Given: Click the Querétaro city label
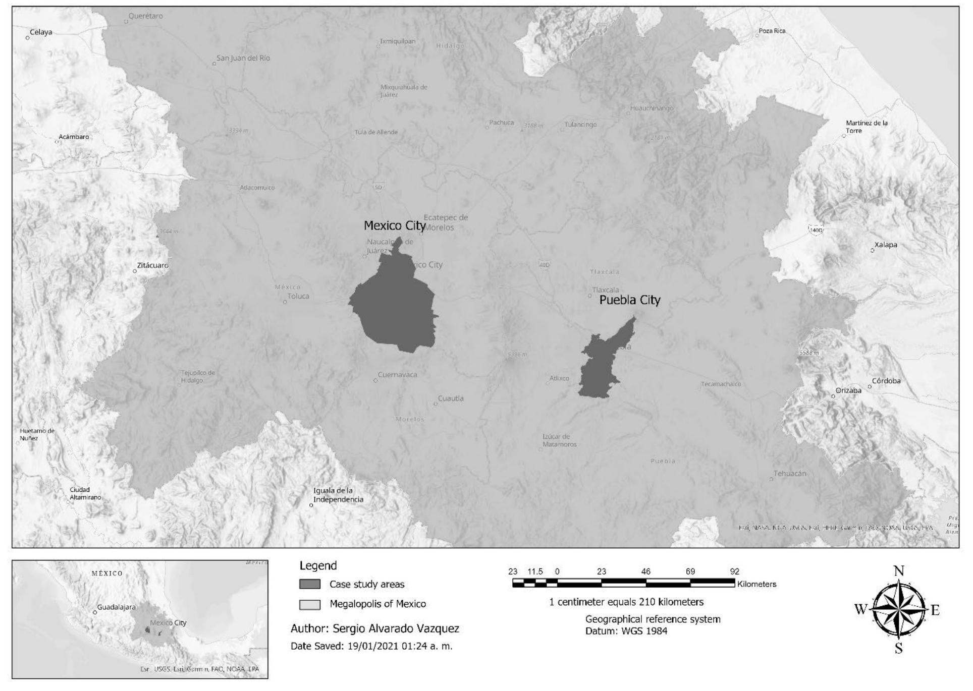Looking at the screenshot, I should tap(145, 16).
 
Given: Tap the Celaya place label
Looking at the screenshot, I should tap(41, 32).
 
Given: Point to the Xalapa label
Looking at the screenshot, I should tap(886, 245).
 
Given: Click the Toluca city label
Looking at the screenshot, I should tap(298, 297).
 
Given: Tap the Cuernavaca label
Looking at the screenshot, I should tap(398, 375).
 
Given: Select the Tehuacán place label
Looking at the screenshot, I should tap(790, 474).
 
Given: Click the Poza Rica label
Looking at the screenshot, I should tap(772, 31).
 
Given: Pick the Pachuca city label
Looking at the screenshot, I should tap(501, 123).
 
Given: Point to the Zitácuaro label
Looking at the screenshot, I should tap(152, 265).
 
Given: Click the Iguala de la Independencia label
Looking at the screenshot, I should tap(338, 495).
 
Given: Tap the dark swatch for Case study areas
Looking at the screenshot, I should tap(310, 584).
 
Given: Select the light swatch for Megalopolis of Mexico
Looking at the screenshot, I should tap(310, 604).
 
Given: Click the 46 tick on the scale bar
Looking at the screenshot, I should tap(645, 572).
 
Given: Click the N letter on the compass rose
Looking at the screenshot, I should tap(899, 571).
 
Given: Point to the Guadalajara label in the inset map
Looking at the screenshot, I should tap(116, 607).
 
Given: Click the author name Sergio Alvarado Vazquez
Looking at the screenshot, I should tap(396, 628).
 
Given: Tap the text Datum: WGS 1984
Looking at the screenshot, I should tap(626, 631).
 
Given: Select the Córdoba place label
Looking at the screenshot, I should tap(886, 381).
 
